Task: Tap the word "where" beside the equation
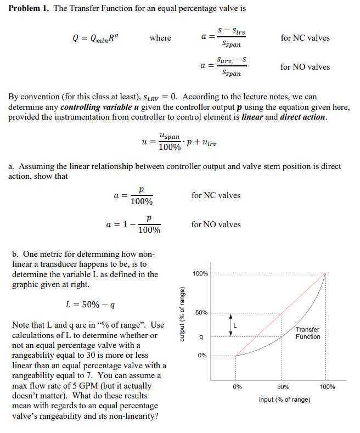pyautogui.click(x=160, y=38)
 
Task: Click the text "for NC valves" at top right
pyautogui.click(x=305, y=38)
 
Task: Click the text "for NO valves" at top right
pyautogui.click(x=305, y=67)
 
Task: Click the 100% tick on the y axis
pyautogui.click(x=200, y=273)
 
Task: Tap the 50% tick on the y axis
pyautogui.click(x=201, y=313)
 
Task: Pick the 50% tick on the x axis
pyautogui.click(x=282, y=387)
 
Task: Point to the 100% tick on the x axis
pyautogui.click(x=327, y=387)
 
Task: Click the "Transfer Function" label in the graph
pyautogui.click(x=307, y=333)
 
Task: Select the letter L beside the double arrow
pyautogui.click(x=236, y=325)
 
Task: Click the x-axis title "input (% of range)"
pyautogui.click(x=284, y=400)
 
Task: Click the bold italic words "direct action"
pyautogui.click(x=303, y=117)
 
